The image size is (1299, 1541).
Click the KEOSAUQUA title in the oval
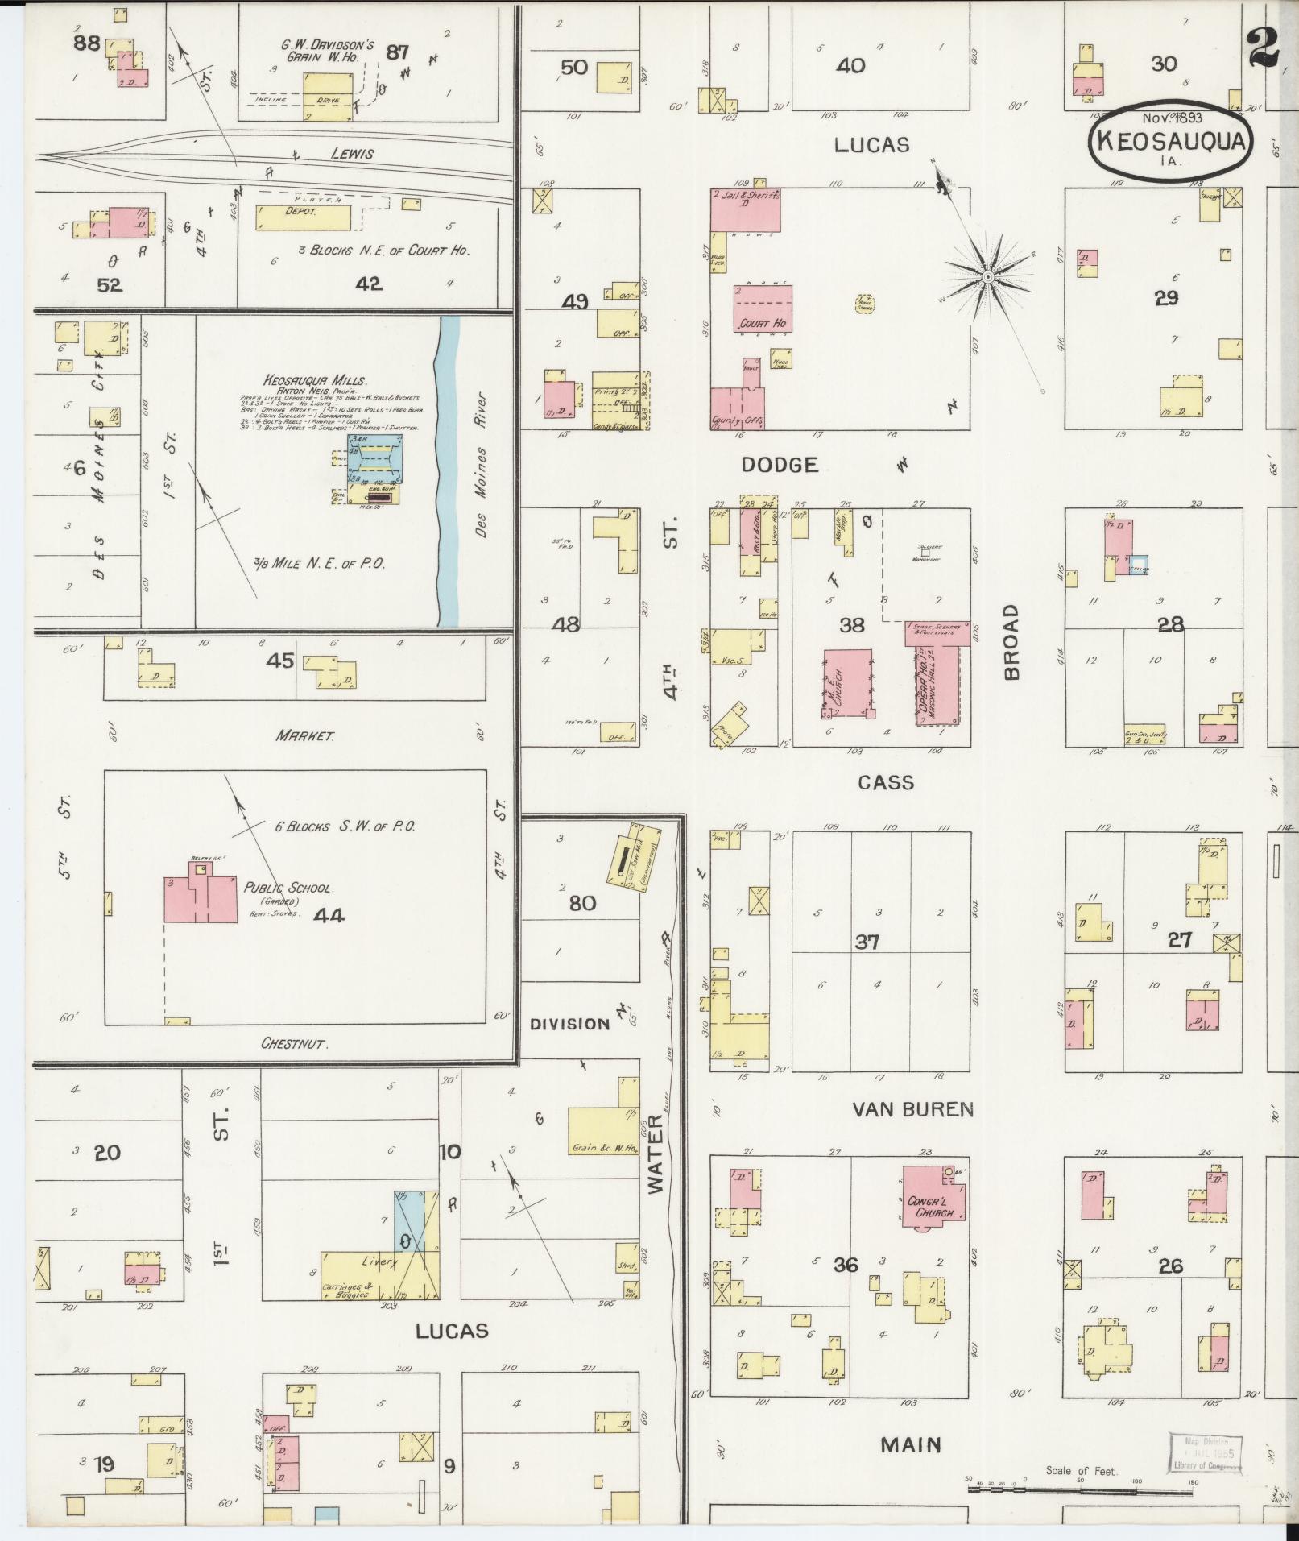point(1170,142)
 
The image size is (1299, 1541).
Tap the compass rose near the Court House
point(987,278)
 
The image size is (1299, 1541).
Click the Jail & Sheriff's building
point(745,211)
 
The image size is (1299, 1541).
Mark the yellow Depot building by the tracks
point(304,217)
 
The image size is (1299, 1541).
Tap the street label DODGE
point(779,464)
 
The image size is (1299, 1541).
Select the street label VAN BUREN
point(912,1109)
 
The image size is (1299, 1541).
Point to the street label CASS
point(885,782)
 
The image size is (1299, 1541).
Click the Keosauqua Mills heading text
point(315,380)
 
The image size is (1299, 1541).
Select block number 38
point(851,624)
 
